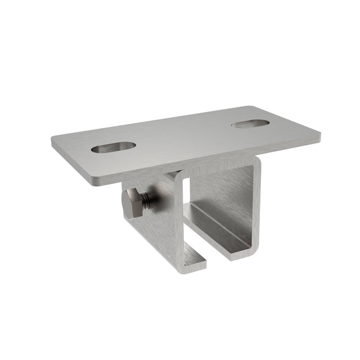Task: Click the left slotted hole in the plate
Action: tap(113, 147)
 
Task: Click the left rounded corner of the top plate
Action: tap(55, 141)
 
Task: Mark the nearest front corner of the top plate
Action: tap(96, 181)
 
